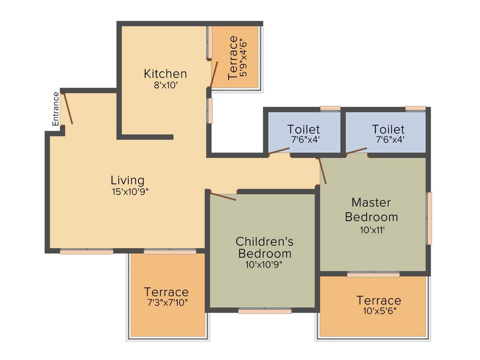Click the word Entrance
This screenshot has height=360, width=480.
[x=56, y=109]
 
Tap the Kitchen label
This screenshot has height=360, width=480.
[x=165, y=74]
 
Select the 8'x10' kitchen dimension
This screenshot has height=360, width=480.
[x=165, y=85]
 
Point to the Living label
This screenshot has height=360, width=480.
[x=127, y=180]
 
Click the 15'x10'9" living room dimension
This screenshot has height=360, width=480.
[x=127, y=191]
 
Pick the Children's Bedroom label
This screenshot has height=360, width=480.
[x=264, y=247]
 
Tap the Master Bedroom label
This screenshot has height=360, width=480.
[x=371, y=210]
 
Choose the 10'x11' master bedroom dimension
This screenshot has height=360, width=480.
[x=371, y=230]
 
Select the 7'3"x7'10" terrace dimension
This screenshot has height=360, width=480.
[x=166, y=303]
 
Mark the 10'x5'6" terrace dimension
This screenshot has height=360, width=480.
[x=379, y=311]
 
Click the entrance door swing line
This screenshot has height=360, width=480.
[x=68, y=109]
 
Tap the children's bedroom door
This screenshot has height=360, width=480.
[x=223, y=196]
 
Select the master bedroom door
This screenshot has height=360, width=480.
[x=322, y=171]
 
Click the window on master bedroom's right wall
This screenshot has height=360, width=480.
[x=429, y=218]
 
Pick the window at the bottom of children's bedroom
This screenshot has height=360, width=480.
[x=265, y=310]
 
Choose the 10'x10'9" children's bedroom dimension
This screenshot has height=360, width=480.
[x=264, y=264]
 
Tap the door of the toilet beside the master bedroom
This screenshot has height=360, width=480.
[x=357, y=151]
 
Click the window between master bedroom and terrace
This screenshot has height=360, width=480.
[x=373, y=274]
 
